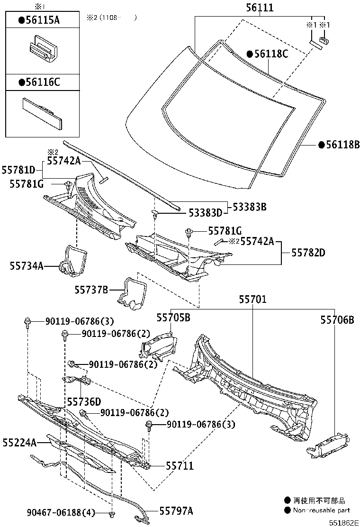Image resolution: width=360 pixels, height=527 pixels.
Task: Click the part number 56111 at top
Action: tap(260, 8)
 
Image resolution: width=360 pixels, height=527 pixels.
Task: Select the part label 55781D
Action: tap(18, 170)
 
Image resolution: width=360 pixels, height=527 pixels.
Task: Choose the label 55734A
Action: tap(27, 266)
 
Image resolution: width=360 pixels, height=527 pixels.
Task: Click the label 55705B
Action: tap(173, 318)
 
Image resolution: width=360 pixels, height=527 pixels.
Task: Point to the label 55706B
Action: tap(337, 320)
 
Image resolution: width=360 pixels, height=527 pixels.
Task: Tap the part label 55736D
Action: tap(84, 401)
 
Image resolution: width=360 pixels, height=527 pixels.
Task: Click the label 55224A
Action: tap(19, 443)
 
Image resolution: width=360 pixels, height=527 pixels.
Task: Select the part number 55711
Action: tap(180, 466)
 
